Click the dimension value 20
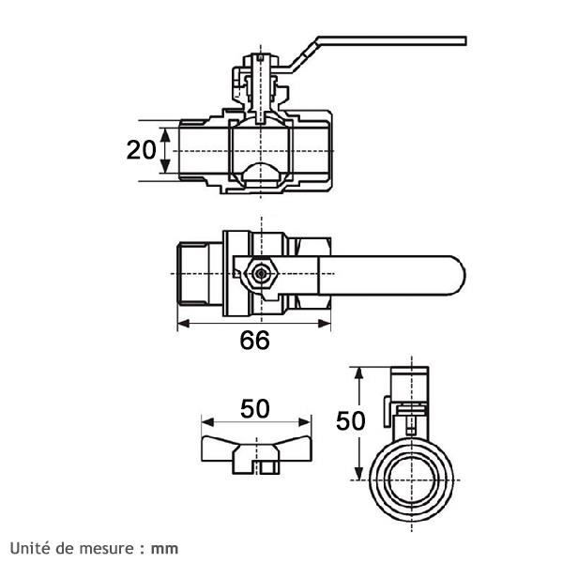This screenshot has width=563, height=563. coord(142,150)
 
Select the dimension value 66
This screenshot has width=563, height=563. coord(254,340)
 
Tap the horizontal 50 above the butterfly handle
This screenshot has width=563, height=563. coord(254,408)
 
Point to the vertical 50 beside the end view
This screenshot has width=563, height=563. coord(350,420)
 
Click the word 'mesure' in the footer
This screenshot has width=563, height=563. coord(105,549)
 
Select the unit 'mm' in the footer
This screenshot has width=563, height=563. coord(164,549)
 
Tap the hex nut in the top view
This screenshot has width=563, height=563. coord(261,274)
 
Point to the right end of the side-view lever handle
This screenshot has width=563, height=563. coord(465,41)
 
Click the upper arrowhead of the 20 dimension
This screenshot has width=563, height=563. coord(165,135)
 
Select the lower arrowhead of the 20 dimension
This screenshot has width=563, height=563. coord(165,166)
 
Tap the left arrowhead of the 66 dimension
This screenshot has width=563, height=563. coord(184,324)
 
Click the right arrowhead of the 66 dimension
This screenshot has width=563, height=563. coord(325,324)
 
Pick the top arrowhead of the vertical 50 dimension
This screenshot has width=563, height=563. coord(358,373)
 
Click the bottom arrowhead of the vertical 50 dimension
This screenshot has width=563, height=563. coord(358,473)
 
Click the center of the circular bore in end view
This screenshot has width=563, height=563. coord(412,480)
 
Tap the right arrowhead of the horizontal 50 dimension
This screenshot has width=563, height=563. coord(305,422)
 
